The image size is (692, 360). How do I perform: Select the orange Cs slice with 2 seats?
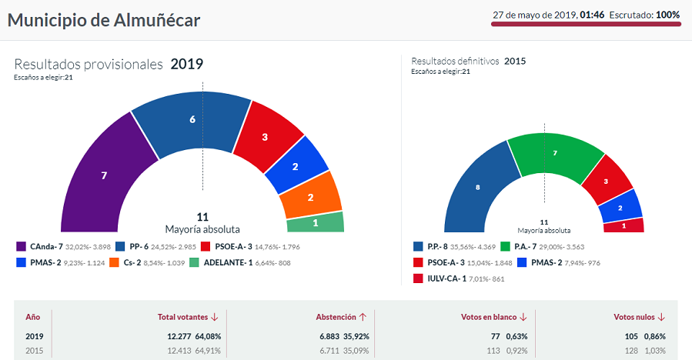pyautogui.click(x=310, y=197)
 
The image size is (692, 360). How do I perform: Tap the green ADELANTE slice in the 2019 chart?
pyautogui.click(x=316, y=222)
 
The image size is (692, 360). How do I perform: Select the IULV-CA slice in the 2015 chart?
pyautogui.click(x=623, y=225)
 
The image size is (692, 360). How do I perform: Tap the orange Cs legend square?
pyautogui.click(x=113, y=262)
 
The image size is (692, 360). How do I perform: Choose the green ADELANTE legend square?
pyautogui.click(x=206, y=262)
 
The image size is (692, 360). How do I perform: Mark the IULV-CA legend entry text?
pyautogui.click(x=449, y=278)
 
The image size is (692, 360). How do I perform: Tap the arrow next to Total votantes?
pyautogui.click(x=214, y=316)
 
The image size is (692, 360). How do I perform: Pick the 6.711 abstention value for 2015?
pyautogui.click(x=335, y=352)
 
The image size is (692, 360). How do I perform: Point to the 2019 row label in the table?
pyautogui.click(x=35, y=336)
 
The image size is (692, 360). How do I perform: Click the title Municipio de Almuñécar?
pyautogui.click(x=104, y=20)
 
